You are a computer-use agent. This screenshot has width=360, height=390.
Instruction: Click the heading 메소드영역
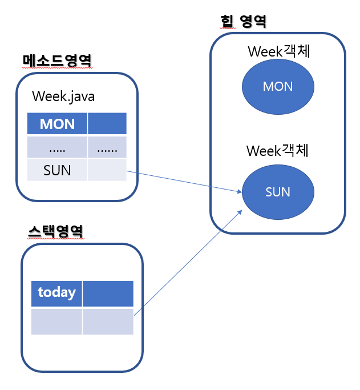click(57, 60)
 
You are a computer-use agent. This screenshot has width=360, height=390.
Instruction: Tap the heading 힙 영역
click(243, 22)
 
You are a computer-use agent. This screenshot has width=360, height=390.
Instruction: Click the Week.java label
click(63, 96)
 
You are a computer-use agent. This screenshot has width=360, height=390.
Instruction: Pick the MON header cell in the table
click(57, 124)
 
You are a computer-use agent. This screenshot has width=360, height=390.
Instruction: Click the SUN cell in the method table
click(57, 170)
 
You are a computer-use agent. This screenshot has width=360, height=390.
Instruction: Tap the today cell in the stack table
click(56, 293)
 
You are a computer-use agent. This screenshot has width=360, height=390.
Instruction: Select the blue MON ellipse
click(278, 86)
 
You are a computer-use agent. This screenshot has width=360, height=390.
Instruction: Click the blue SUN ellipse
click(278, 192)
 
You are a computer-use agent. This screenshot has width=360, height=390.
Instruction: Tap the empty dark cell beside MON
click(107, 124)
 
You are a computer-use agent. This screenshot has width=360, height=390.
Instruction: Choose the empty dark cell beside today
click(108, 293)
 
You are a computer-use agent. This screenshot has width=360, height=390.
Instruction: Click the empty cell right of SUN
click(107, 170)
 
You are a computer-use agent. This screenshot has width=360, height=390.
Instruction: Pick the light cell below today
click(56, 321)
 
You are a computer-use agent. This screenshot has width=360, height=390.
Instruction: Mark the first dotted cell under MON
click(57, 147)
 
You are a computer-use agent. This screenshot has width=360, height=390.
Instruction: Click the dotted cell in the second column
click(107, 147)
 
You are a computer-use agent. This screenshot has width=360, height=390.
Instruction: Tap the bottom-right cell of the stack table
click(108, 321)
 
